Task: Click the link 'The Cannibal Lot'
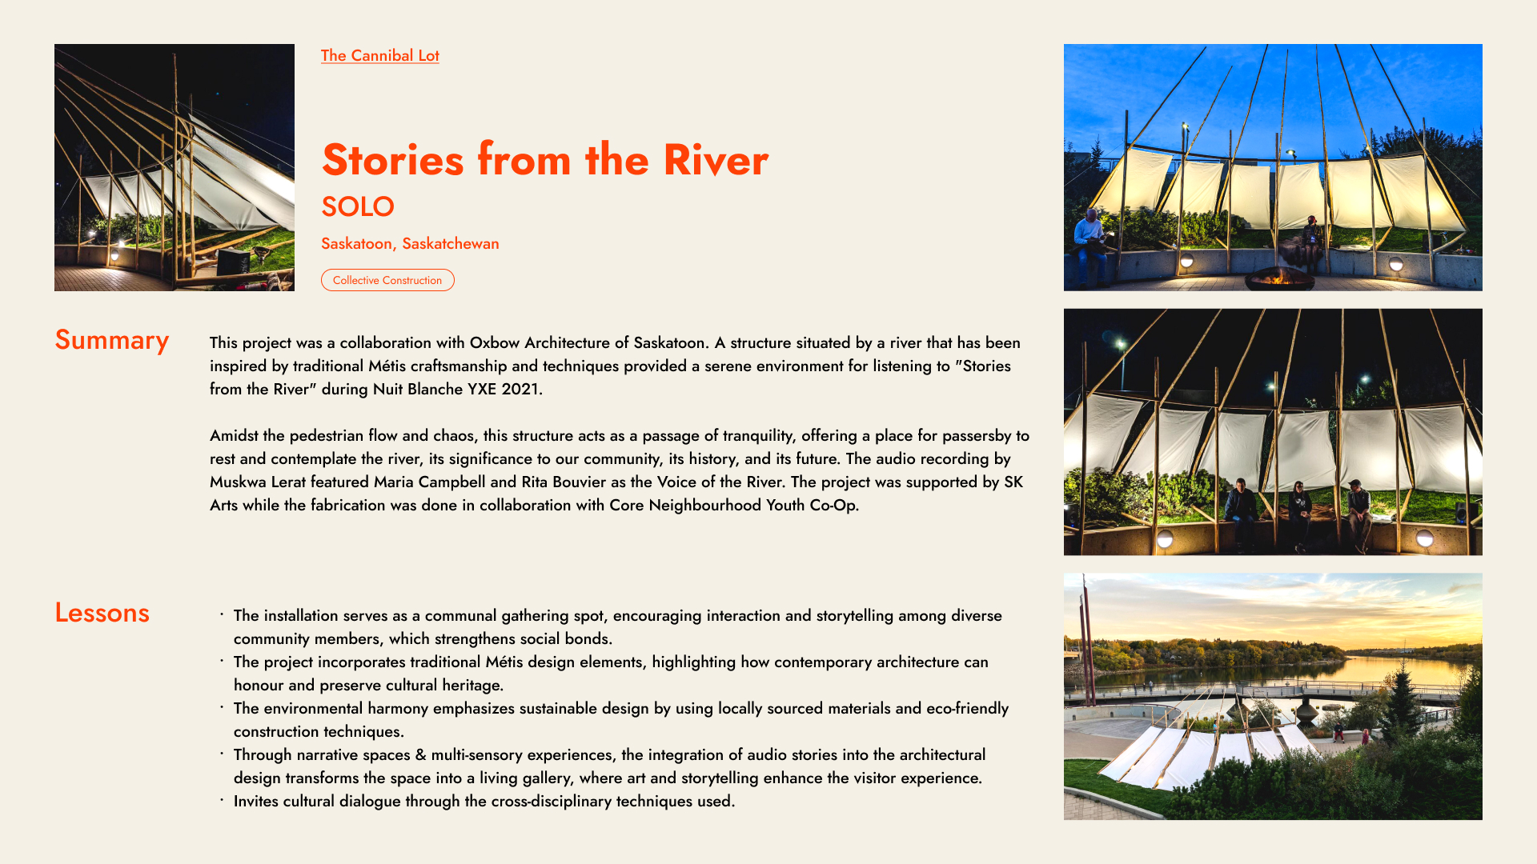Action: (379, 55)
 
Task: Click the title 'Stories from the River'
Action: (544, 159)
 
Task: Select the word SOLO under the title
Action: (357, 206)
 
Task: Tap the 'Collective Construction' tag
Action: (387, 280)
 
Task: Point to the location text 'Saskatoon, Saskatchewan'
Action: (410, 243)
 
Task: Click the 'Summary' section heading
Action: (111, 340)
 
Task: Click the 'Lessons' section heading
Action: (102, 613)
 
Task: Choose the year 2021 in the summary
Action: (520, 389)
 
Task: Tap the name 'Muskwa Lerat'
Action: (258, 482)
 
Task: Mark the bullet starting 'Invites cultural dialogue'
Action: (484, 801)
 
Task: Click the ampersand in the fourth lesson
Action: (420, 754)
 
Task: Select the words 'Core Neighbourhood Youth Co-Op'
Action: (732, 505)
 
